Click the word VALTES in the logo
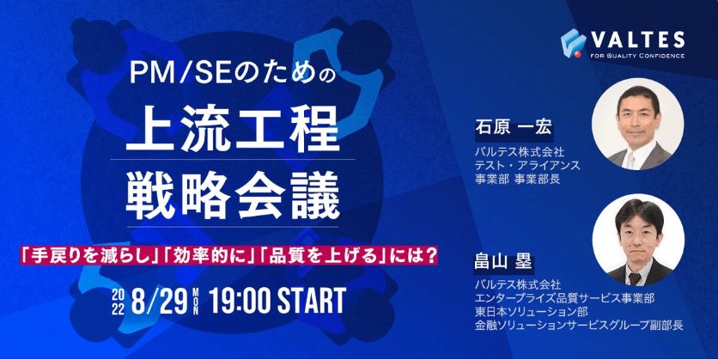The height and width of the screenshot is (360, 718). pos(637,40)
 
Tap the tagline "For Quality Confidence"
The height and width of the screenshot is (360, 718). pos(637,56)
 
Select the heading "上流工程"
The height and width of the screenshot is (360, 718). pos(233,129)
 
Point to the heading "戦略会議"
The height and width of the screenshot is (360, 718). pos(233,195)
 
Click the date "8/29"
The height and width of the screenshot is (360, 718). pos(159,301)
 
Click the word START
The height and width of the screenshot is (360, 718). pos(312,301)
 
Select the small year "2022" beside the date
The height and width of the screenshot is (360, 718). pos(118,302)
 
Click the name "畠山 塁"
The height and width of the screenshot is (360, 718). pos(503,263)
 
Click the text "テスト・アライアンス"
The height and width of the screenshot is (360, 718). pos(527,165)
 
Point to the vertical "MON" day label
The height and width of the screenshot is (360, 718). pos(196,302)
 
